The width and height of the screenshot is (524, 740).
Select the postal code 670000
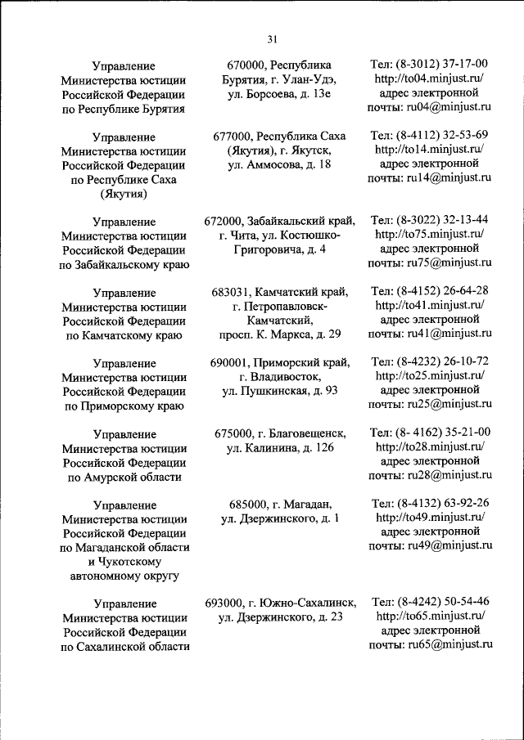pos(247,65)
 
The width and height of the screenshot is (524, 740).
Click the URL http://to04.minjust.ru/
pos(430,78)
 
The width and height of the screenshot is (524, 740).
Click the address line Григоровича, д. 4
pos(279,249)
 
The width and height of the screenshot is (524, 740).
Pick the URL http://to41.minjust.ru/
pos(430,306)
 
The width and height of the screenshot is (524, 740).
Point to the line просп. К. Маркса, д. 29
pos(279,334)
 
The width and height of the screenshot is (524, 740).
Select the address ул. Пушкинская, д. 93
pos(279,391)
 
